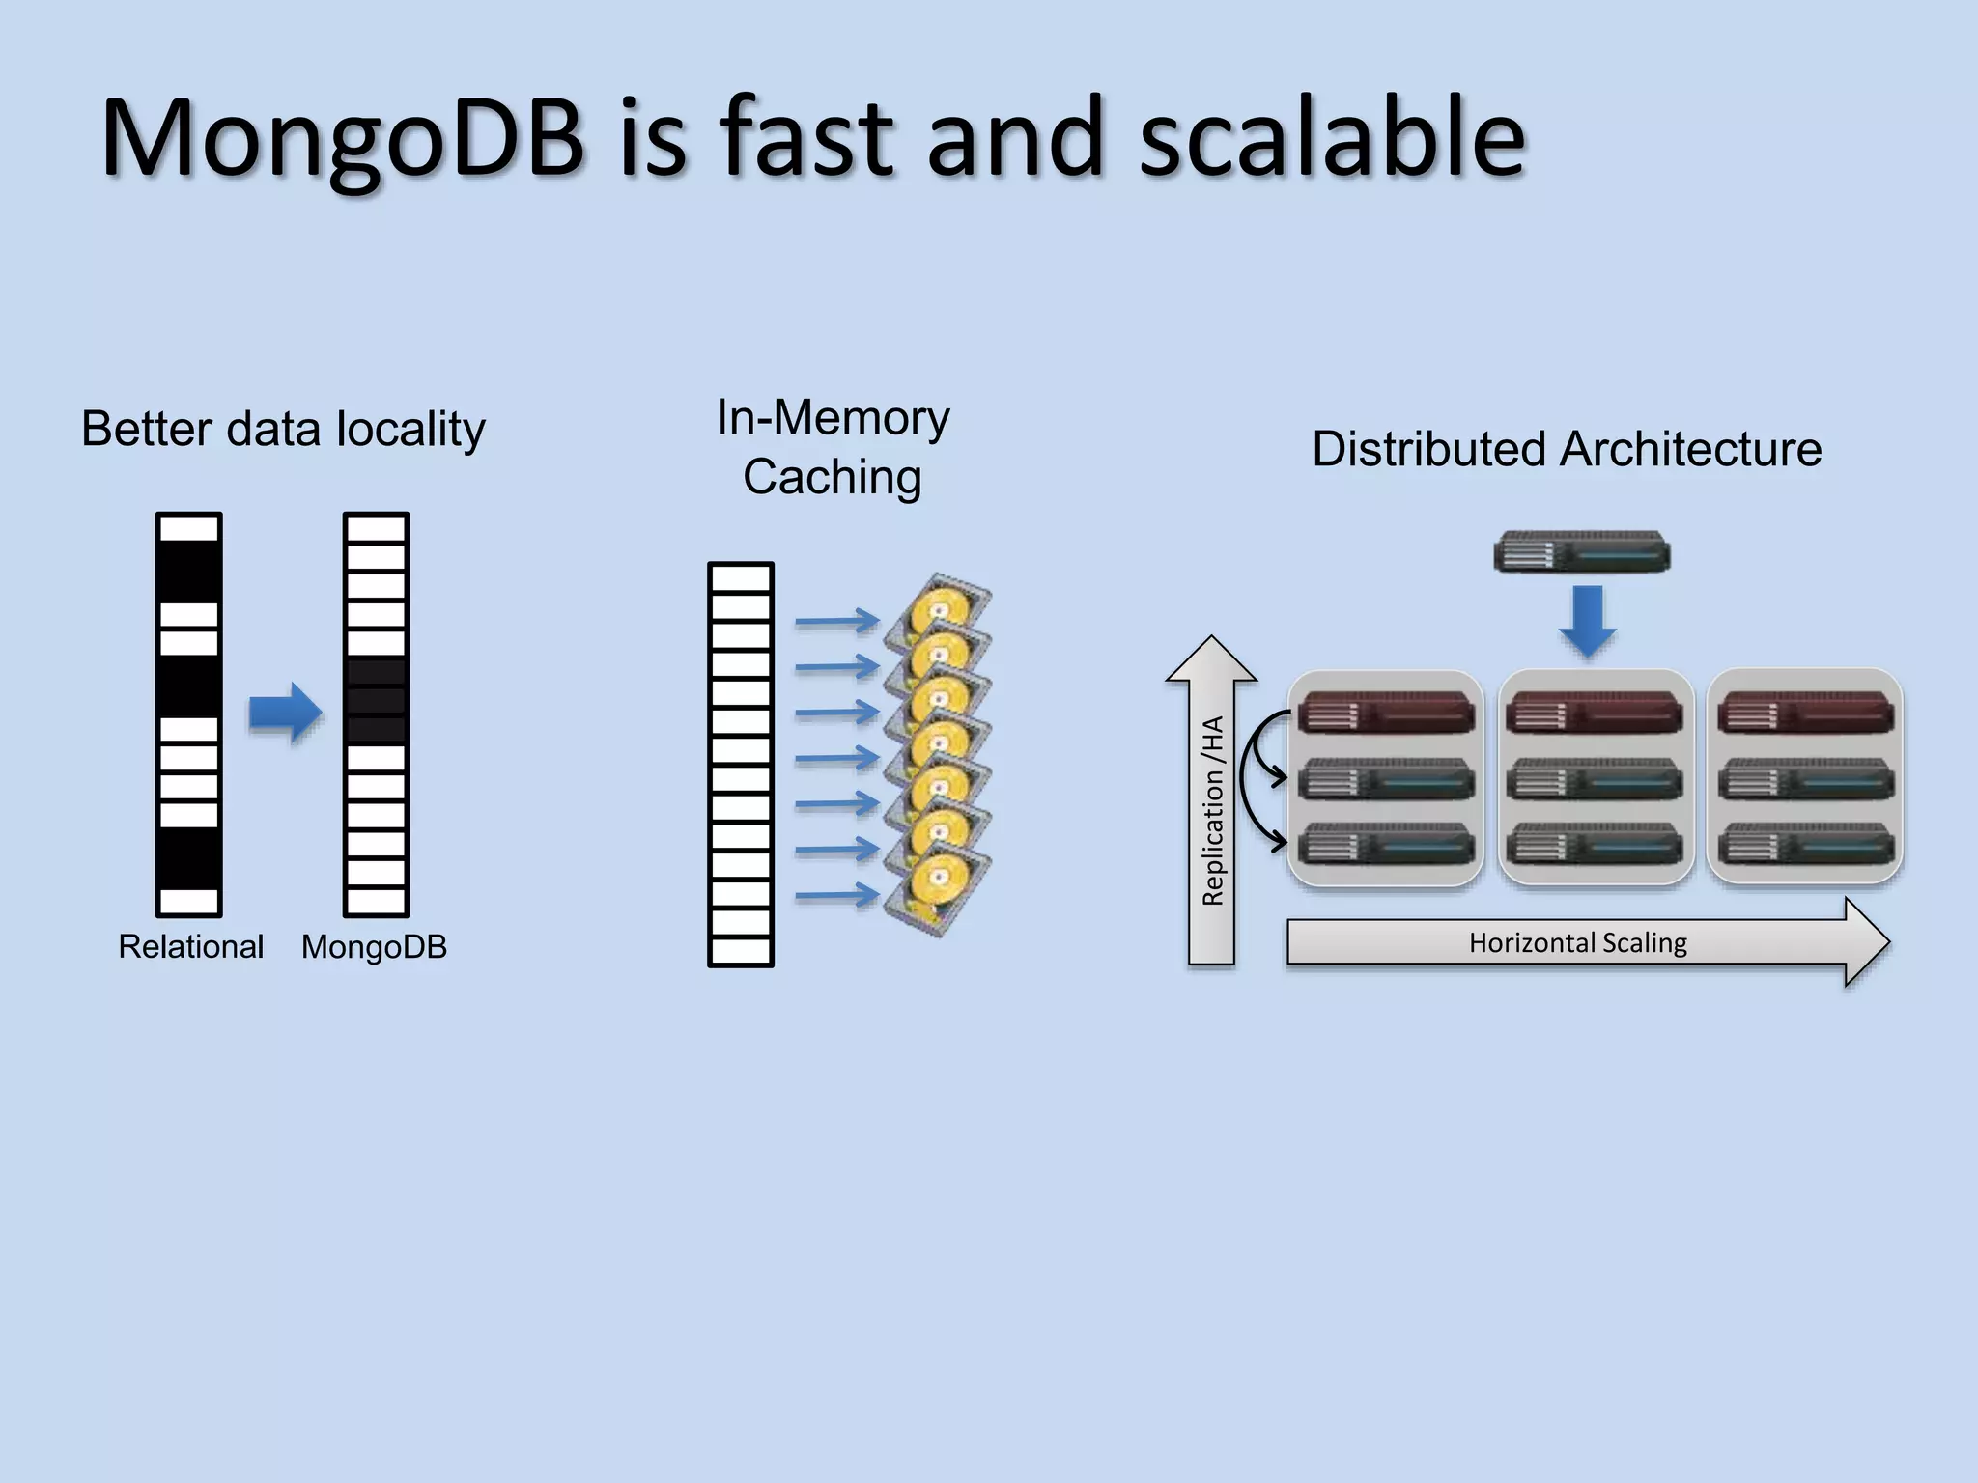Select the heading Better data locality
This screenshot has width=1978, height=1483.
coord(283,429)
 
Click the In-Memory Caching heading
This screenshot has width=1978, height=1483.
coord(833,447)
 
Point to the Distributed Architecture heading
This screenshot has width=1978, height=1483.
coord(1567,449)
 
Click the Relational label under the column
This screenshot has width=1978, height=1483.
coord(190,946)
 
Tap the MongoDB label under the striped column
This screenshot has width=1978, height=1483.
coord(374,946)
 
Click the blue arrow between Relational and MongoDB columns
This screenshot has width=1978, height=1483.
coord(285,713)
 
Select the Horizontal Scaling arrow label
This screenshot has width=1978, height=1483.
coord(1577,942)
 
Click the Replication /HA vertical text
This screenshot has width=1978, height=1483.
coord(1212,811)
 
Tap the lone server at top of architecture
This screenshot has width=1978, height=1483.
coord(1581,552)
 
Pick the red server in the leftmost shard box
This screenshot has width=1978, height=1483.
coord(1385,714)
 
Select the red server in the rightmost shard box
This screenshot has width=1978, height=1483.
coord(1804,714)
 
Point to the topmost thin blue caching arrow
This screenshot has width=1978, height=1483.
coord(836,621)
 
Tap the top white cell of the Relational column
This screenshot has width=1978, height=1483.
coord(189,528)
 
